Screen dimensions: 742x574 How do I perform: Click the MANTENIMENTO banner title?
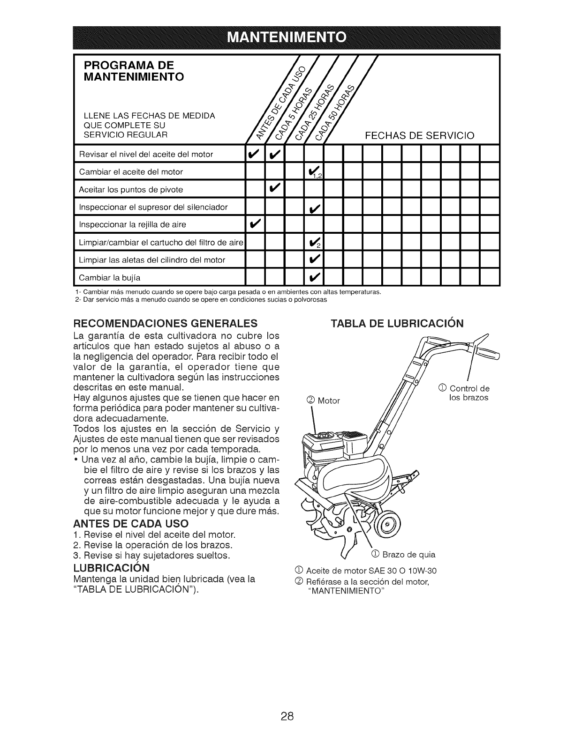287,38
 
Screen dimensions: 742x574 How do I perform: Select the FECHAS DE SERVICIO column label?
420,136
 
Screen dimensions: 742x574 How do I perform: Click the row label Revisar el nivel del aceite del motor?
146,154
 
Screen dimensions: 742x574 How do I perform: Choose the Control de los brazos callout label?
464,393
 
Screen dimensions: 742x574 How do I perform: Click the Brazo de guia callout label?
404,555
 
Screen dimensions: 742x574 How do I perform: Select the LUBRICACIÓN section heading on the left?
111,568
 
